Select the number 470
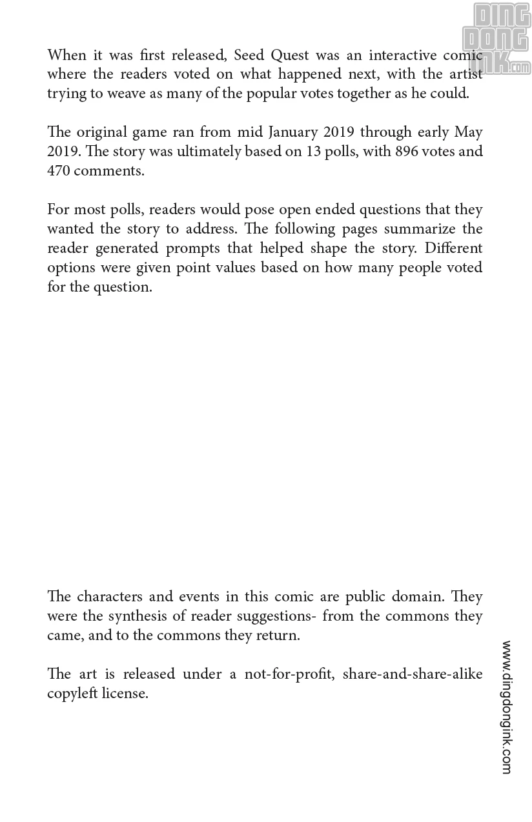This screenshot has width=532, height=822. click(x=59, y=171)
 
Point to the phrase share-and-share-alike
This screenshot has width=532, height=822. click(x=413, y=674)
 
